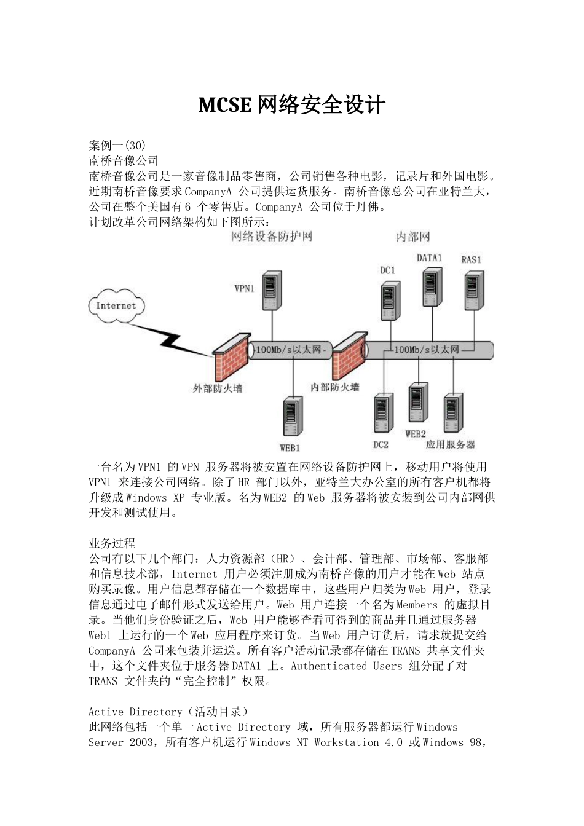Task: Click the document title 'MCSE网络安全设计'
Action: (291, 105)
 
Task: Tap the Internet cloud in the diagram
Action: (116, 306)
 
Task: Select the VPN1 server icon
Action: (270, 291)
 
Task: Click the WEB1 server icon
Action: (293, 418)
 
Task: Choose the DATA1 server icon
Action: (432, 287)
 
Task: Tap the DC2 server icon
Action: (383, 412)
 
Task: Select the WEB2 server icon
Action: (418, 403)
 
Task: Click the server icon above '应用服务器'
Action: (454, 412)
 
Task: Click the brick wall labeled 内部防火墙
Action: (345, 356)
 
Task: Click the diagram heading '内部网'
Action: (412, 237)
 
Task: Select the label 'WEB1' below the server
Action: (290, 448)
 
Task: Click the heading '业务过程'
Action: (112, 543)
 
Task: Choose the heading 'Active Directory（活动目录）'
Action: (168, 712)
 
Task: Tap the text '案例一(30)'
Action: (117, 146)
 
